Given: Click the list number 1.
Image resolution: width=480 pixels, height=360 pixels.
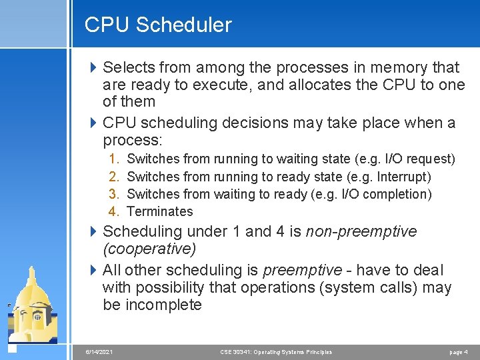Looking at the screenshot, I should pyautogui.click(x=114, y=159).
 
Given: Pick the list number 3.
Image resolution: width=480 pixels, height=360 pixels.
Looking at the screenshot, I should pyautogui.click(x=114, y=194).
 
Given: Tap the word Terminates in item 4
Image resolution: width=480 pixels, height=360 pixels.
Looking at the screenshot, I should pyautogui.click(x=159, y=212).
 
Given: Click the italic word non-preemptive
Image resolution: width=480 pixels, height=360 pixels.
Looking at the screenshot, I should pyautogui.click(x=361, y=232).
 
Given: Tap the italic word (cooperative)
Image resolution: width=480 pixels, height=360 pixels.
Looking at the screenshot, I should pyautogui.click(x=149, y=249).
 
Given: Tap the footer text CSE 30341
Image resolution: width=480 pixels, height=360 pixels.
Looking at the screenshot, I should pyautogui.click(x=237, y=351).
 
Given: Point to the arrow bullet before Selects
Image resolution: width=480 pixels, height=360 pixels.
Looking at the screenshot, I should pyautogui.click(x=93, y=67).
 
